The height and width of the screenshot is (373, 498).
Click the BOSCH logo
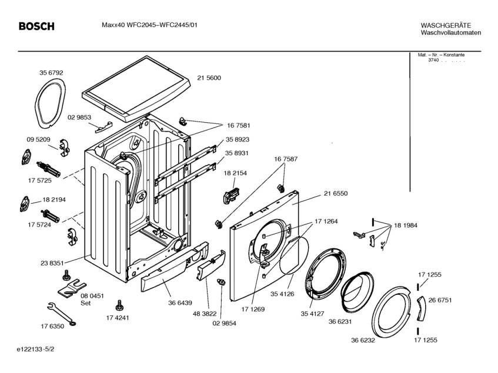(36, 26)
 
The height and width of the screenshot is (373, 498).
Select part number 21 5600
(209, 78)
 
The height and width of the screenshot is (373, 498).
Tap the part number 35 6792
(51, 73)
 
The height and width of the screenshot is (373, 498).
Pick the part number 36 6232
(363, 340)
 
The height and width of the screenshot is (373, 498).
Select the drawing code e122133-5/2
(35, 350)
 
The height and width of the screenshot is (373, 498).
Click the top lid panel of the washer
(136, 89)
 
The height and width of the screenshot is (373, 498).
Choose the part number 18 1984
(406, 226)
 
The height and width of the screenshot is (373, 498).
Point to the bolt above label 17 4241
(119, 305)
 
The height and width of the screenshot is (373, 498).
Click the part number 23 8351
(52, 263)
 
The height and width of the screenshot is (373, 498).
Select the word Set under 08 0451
(85, 303)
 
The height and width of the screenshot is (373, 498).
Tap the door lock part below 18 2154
(232, 194)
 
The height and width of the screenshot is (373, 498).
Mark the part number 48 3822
(205, 314)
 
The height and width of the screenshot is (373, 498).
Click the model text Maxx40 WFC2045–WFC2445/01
(149, 25)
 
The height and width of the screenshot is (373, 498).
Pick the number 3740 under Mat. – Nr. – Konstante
(433, 61)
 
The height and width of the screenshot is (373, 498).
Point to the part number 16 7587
(286, 159)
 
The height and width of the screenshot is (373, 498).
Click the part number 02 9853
(79, 117)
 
